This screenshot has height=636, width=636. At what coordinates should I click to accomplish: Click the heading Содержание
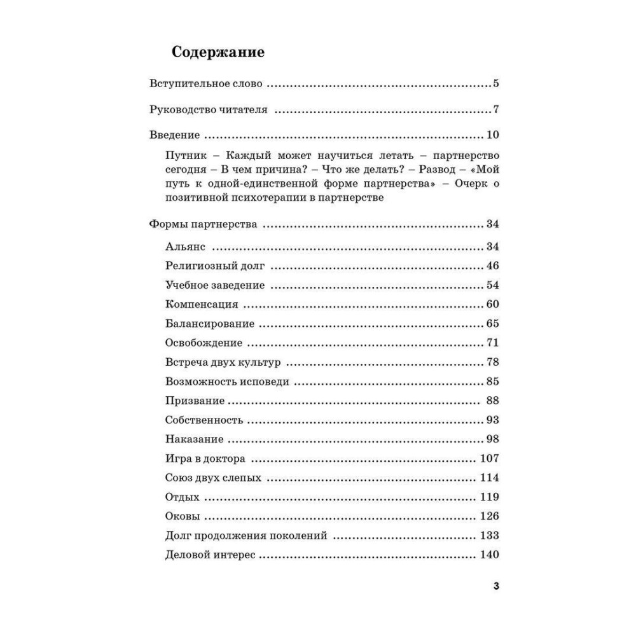click(x=218, y=53)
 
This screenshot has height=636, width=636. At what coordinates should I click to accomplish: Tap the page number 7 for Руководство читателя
click(x=495, y=110)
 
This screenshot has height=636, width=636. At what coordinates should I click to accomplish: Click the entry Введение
click(x=174, y=135)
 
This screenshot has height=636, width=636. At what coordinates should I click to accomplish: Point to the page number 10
click(x=492, y=135)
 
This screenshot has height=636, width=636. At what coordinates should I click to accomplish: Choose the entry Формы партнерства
click(x=203, y=225)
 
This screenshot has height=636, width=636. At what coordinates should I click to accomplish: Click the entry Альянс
click(x=184, y=247)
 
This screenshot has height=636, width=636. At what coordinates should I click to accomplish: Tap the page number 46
click(x=492, y=266)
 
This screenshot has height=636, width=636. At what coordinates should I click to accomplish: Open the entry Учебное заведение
click(x=214, y=285)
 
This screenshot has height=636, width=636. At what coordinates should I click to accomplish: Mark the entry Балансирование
click(x=209, y=324)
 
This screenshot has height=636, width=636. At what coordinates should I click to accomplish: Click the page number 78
click(x=492, y=363)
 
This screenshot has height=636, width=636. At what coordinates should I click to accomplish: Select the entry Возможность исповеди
click(x=226, y=382)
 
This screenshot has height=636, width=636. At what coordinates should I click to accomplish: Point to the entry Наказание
click(x=194, y=439)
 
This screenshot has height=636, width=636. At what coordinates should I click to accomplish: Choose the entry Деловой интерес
click(x=209, y=555)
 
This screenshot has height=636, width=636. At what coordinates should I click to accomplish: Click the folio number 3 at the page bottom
click(x=495, y=586)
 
